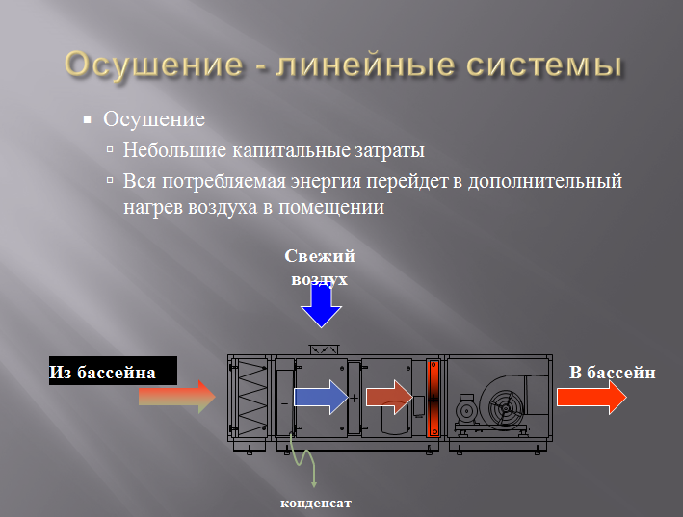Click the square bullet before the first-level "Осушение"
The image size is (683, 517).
87,121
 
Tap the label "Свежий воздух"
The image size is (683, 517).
321,267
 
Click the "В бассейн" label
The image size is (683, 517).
612,372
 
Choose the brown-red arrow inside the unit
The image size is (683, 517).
389,397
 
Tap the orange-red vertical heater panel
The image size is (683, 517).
433,397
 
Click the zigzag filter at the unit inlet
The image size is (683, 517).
254,397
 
